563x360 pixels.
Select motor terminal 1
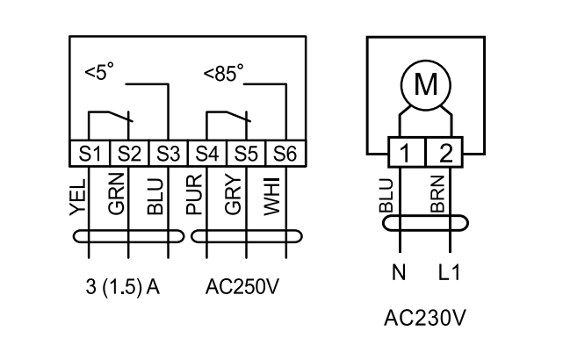tap(404, 155)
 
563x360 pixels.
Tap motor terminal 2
tap(444, 155)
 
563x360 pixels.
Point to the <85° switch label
tap(223, 75)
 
